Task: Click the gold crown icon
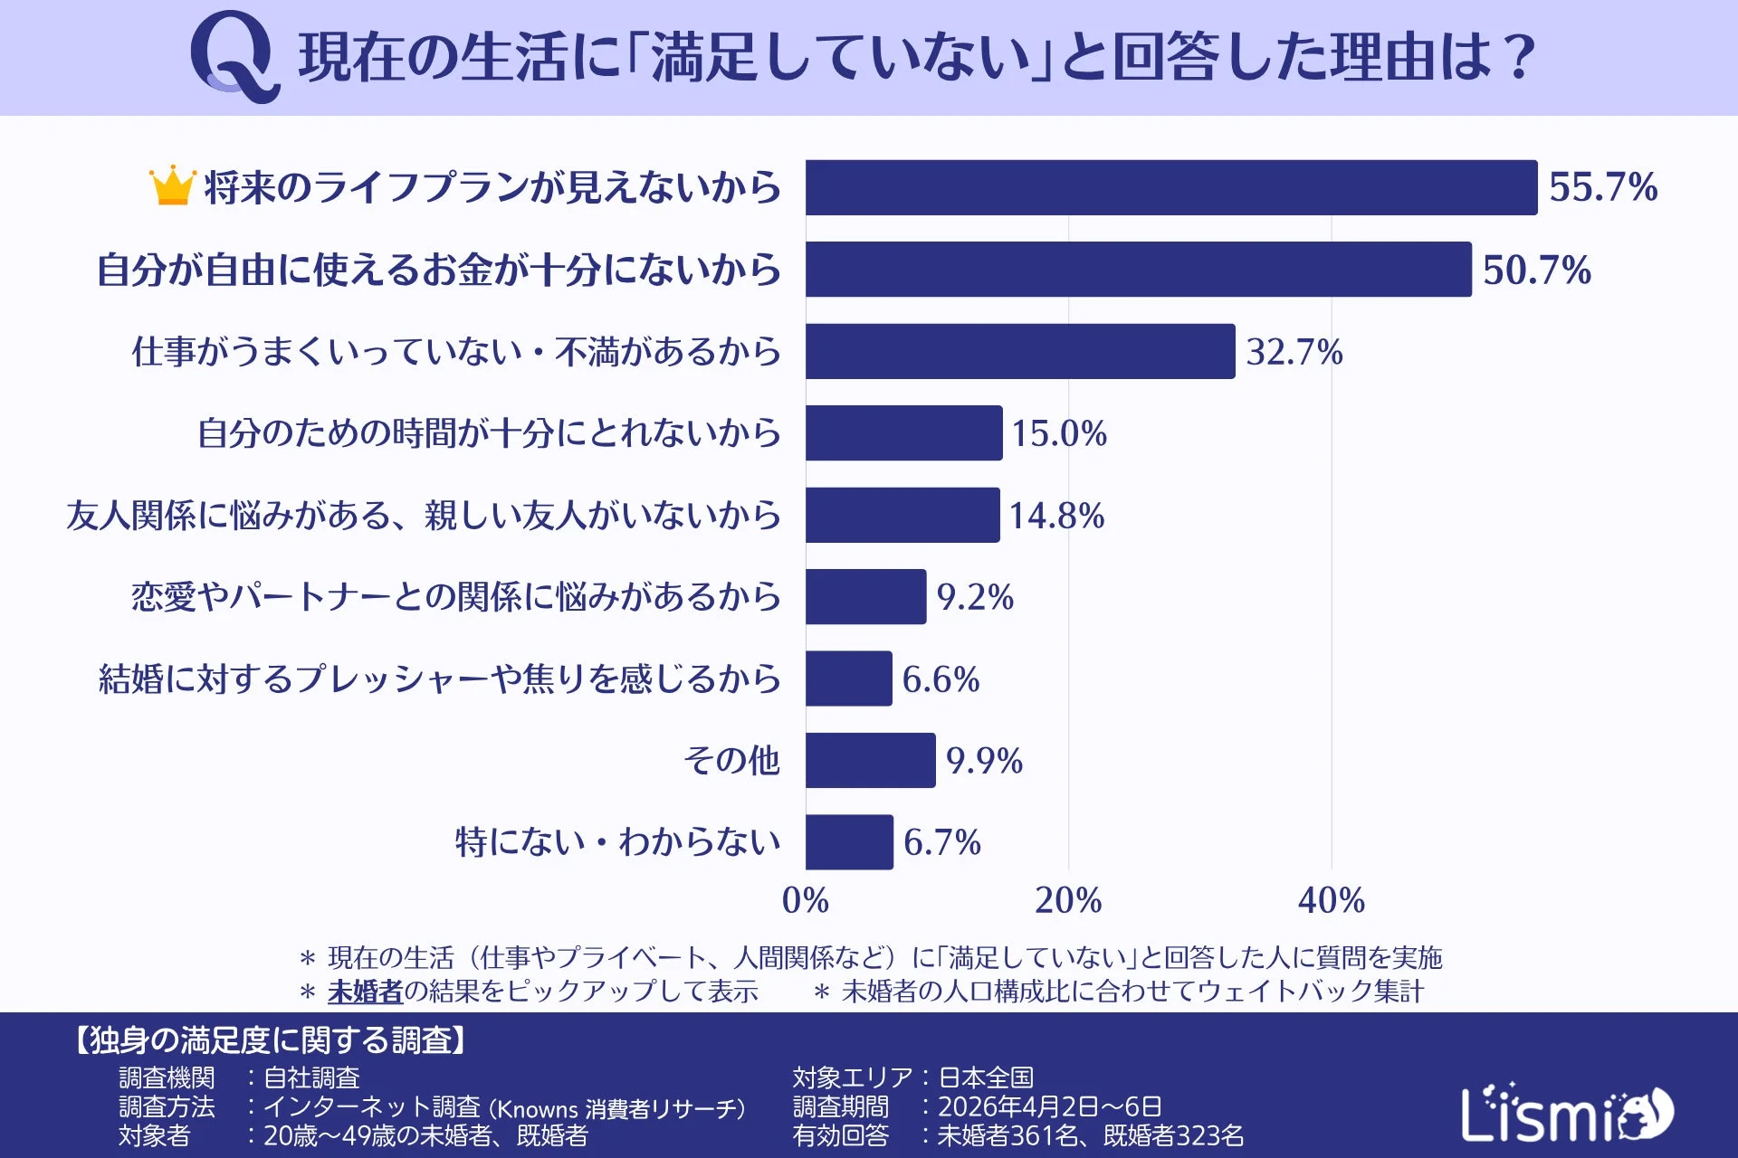coord(172,185)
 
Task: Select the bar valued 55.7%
coord(1170,187)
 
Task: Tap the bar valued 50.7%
coord(1138,269)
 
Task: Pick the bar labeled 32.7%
coord(1019,351)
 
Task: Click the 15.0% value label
coord(1058,433)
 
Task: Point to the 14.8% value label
coord(1056,516)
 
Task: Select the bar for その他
coord(870,760)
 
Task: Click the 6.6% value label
coord(941,679)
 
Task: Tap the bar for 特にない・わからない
coord(849,842)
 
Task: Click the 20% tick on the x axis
coord(1068,900)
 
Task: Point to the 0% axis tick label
coord(805,900)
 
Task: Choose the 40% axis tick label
coord(1331,900)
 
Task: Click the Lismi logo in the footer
coord(1566,1113)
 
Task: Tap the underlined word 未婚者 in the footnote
coord(365,992)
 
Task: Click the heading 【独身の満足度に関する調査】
coord(270,1040)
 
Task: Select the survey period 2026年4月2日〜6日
coord(1049,1106)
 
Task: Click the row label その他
coord(731,760)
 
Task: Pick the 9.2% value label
coord(975,597)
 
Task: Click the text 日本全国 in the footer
coord(986,1077)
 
